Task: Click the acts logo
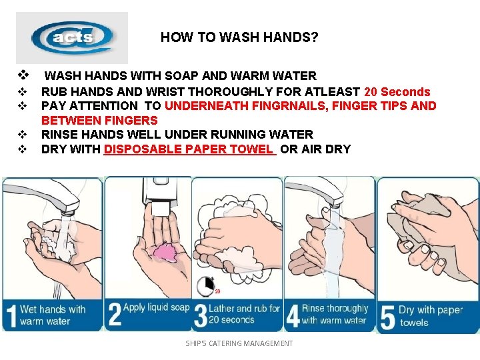pos(72,37)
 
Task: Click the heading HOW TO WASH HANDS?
pos(239,37)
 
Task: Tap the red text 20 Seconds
pos(397,92)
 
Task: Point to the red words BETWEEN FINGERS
pos(99,120)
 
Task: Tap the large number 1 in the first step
pos(11,316)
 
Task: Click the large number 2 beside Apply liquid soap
pos(115,314)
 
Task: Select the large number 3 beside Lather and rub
pos(201,315)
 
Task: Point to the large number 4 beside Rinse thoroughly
pos(293,315)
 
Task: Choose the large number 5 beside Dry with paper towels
pos(387,319)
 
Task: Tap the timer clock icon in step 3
pos(206,286)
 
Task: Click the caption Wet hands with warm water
pos(53,315)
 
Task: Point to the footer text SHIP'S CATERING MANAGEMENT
pos(239,343)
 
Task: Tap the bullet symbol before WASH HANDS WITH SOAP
pos(23,75)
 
